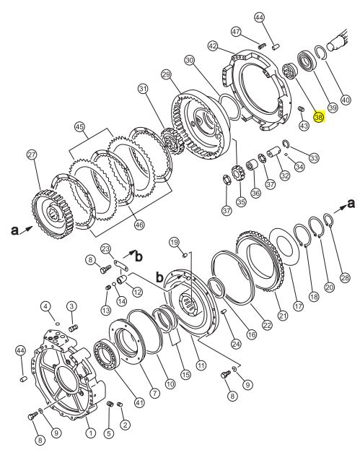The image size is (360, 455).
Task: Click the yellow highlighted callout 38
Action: pos(319,117)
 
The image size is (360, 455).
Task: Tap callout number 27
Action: pos(32,155)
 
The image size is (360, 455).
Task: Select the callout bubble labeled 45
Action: pos(79,127)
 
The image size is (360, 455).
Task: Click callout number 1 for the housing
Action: pos(91,433)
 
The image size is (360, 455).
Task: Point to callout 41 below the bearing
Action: pos(140,402)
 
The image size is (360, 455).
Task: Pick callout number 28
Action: pos(345,278)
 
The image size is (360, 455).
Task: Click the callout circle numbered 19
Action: pos(174,242)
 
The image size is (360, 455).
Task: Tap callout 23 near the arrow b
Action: pos(106,248)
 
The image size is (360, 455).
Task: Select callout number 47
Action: pos(237,31)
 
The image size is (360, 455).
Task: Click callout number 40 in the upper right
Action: pos(345,100)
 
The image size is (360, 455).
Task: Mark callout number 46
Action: pos(139,225)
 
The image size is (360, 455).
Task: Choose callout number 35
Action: pos(241,201)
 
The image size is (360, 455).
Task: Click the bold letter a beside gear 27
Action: pos(14,230)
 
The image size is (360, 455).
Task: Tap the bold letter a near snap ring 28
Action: pos(351,204)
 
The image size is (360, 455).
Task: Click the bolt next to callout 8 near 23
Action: pos(105,269)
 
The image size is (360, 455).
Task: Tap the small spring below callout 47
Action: pos(262,45)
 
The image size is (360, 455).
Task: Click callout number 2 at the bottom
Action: pos(125,425)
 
